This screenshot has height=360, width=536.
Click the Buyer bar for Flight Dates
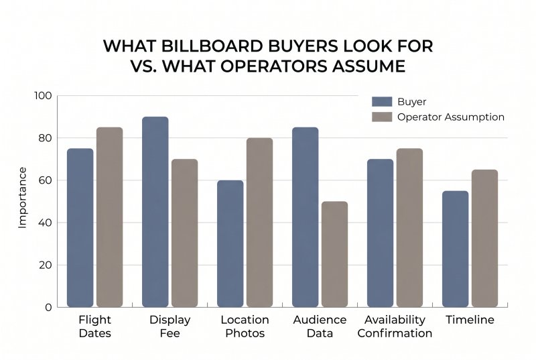(80, 228)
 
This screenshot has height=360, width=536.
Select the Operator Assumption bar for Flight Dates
(109, 217)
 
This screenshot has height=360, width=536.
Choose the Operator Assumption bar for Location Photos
(259, 223)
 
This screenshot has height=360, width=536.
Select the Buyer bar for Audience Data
(306, 217)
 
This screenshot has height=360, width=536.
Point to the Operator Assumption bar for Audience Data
(334, 254)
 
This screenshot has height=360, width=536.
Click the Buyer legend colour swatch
(381, 102)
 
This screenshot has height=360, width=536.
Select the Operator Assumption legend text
(450, 117)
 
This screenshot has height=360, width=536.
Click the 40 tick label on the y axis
(44, 223)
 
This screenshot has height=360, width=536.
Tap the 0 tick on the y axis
(48, 307)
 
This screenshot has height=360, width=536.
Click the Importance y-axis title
(23, 198)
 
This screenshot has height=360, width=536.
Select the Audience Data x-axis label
(320, 326)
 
